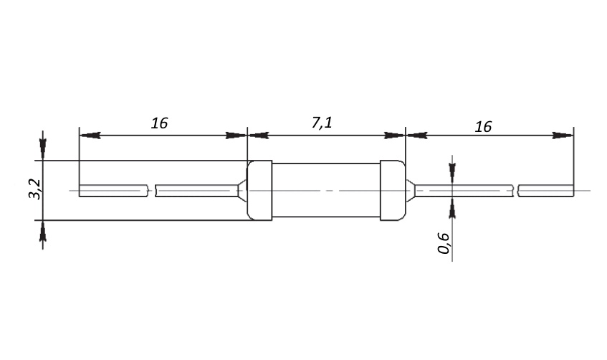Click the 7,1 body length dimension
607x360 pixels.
coord(322,123)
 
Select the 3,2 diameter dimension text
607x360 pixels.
coord(35,189)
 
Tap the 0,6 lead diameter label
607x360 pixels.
coord(444,243)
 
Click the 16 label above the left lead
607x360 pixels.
coord(159,123)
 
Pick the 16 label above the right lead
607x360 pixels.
coord(483,126)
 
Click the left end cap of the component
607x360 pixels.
coord(259,190)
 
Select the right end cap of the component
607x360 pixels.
coord(393,190)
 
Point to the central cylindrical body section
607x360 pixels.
coord(326,190)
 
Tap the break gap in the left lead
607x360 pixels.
coord(151,191)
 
